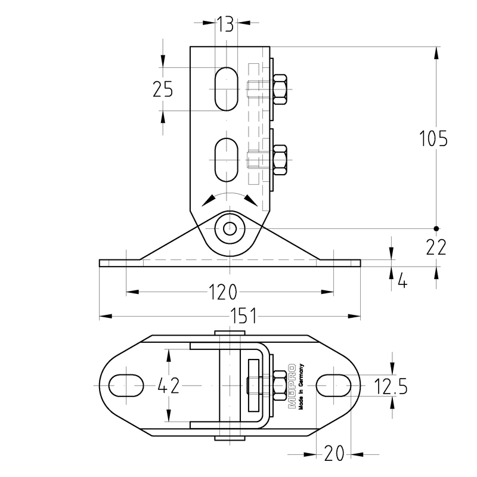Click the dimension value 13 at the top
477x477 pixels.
[x=225, y=24]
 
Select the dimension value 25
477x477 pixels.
[x=163, y=89]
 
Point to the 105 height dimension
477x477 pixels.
[x=433, y=138]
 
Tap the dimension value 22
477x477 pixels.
[x=436, y=247]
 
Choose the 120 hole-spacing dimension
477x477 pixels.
[x=222, y=292]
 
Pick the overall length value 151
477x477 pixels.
[x=243, y=316]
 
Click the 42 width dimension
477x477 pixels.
[x=169, y=386]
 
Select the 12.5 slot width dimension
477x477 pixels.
[x=391, y=386]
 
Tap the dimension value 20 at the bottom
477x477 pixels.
[x=334, y=454]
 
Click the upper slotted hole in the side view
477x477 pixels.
[x=227, y=89]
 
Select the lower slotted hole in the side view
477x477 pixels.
[x=227, y=160]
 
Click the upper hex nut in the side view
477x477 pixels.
[x=280, y=89]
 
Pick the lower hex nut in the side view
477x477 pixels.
[x=280, y=160]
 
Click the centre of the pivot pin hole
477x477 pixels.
[x=230, y=228]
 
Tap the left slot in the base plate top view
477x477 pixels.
[x=126, y=385]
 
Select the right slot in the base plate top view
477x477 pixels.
[x=333, y=385]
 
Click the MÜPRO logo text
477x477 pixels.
[x=292, y=386]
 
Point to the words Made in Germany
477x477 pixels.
[x=301, y=387]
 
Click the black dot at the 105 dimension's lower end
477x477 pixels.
[x=436, y=228]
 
